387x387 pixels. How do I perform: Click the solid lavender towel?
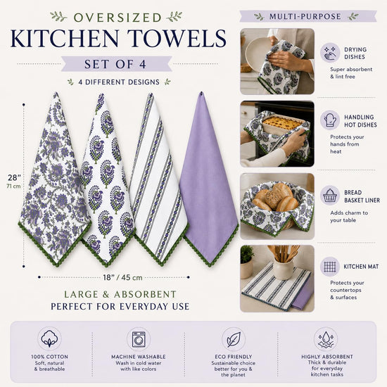click(x=208, y=178)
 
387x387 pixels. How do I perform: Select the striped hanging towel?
click(x=158, y=178)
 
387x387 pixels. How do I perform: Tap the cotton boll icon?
click(x=49, y=338)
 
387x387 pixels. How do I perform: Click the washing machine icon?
click(x=139, y=339)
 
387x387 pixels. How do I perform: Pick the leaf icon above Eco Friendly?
click(x=234, y=339)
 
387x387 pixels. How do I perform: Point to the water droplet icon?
click(x=326, y=339)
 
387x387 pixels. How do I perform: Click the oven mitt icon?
click(x=330, y=120)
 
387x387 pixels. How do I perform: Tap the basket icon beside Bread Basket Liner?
click(x=330, y=195)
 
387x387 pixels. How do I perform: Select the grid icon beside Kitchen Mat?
click(x=330, y=267)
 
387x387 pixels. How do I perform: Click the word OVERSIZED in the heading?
click(x=118, y=18)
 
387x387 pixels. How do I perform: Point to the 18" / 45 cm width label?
click(x=122, y=277)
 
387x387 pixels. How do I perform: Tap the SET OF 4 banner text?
click(x=115, y=64)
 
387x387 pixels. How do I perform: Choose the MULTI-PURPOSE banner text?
click(x=305, y=17)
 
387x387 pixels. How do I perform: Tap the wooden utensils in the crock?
click(x=284, y=254)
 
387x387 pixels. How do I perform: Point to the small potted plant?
click(x=246, y=262)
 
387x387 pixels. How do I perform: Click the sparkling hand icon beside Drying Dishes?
click(x=330, y=53)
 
